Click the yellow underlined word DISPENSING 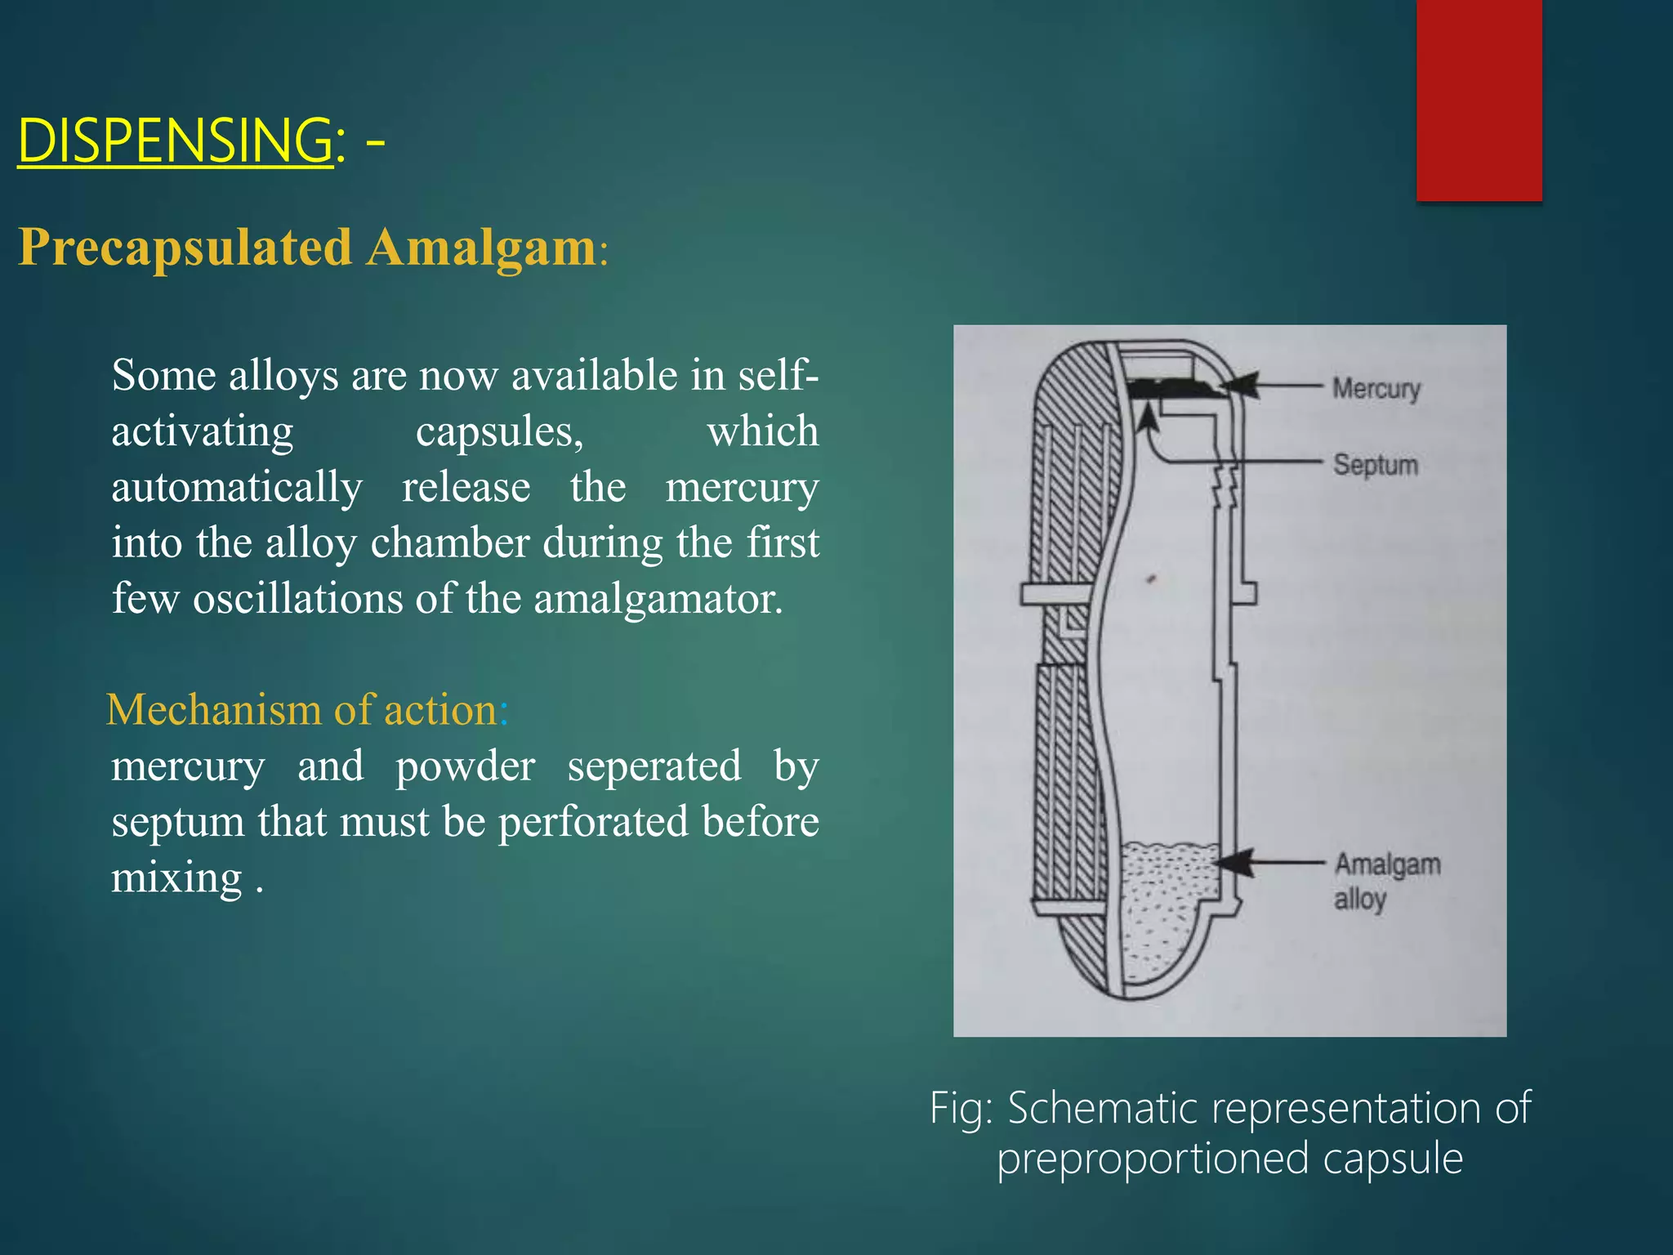(x=174, y=141)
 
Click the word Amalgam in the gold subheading (x=480, y=247)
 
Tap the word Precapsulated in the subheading (x=185, y=248)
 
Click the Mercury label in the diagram (x=1376, y=388)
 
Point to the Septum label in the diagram (x=1376, y=465)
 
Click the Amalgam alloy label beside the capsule (x=1386, y=880)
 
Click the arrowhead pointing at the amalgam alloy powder (x=1235, y=863)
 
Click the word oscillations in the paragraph (x=297, y=599)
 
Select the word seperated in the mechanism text (x=654, y=766)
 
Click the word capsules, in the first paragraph (x=499, y=431)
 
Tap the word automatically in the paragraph (x=237, y=488)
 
